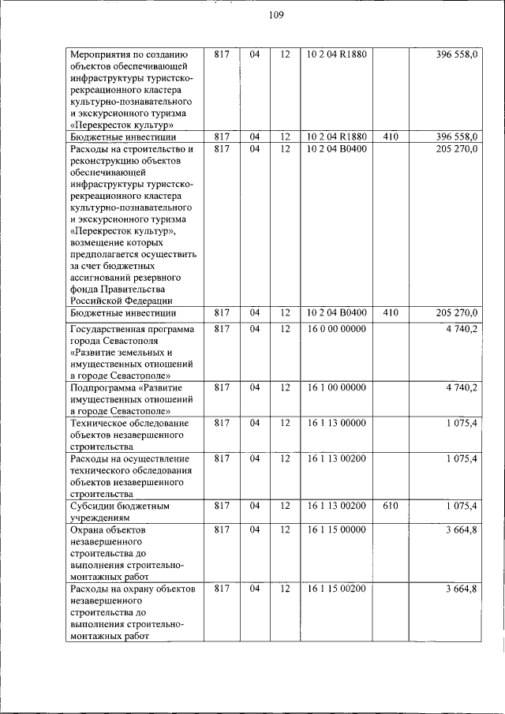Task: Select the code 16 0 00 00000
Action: (337, 328)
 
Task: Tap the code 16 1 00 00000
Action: (337, 387)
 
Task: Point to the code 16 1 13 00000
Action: (337, 423)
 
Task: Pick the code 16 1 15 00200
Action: (337, 589)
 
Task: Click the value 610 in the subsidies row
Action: (391, 506)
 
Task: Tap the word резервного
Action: (157, 278)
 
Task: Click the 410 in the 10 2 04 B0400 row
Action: (391, 313)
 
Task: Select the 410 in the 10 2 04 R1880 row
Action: (391, 136)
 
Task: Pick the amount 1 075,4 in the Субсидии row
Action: (461, 506)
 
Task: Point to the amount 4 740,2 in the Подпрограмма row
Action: (461, 387)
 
